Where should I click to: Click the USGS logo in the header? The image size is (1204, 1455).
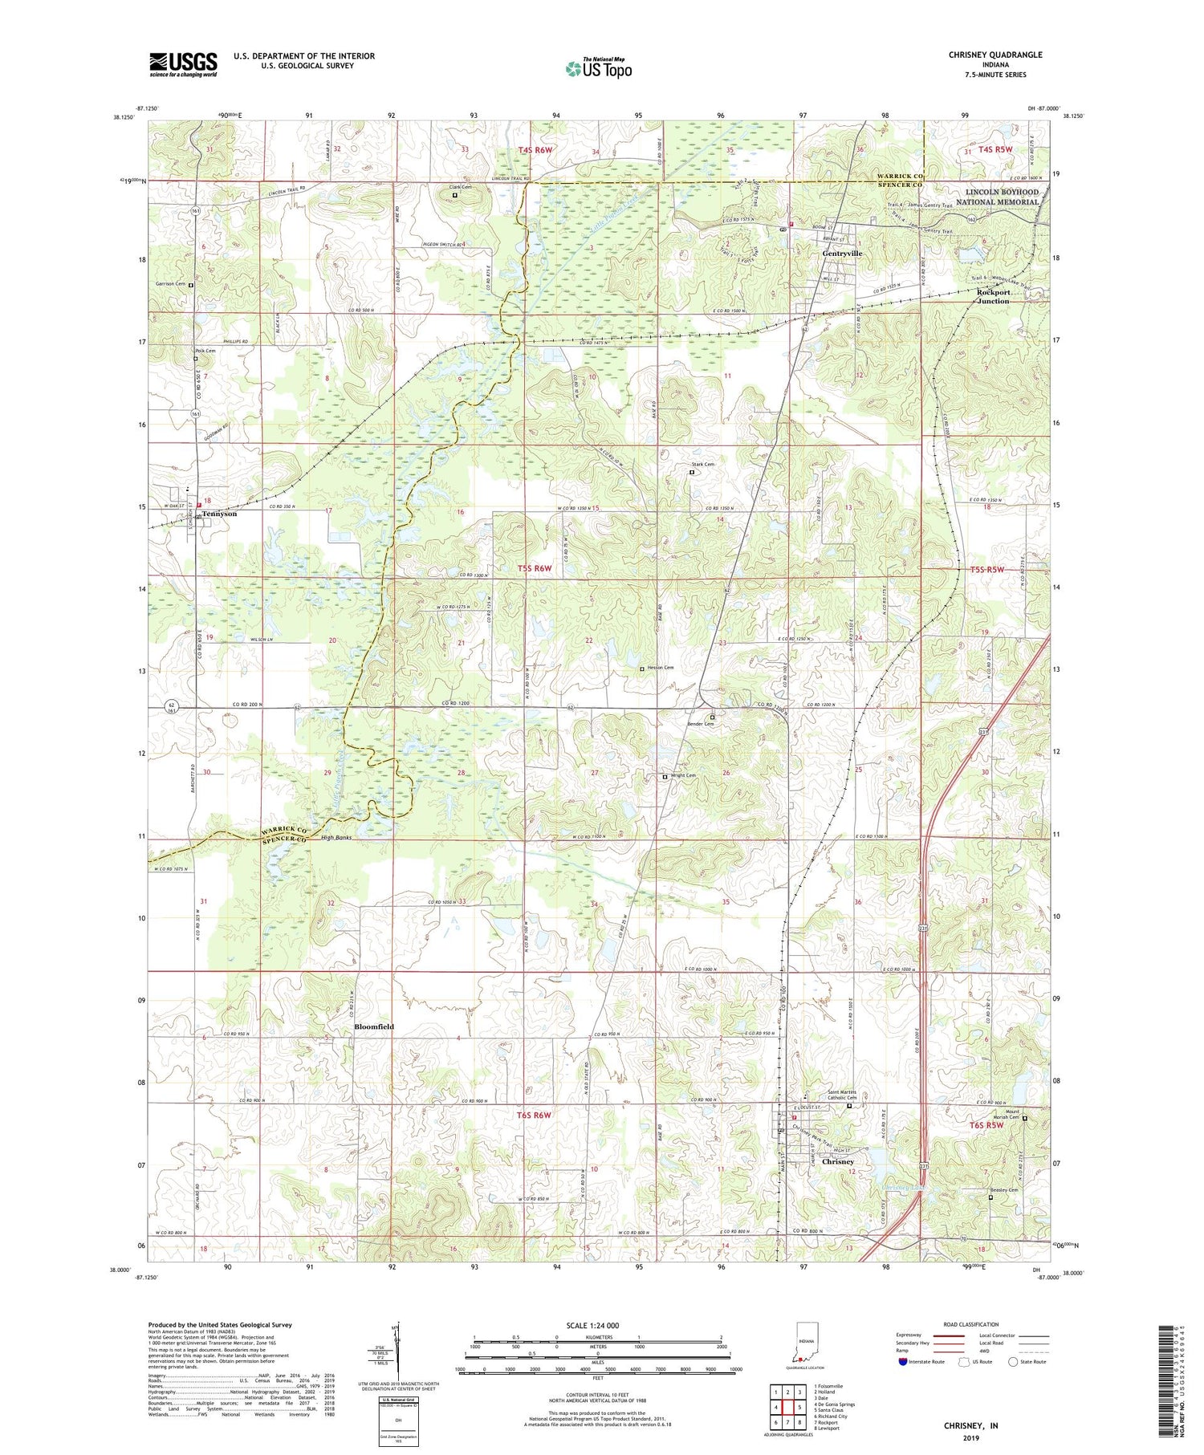pyautogui.click(x=183, y=64)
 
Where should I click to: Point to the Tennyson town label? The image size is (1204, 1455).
pyautogui.click(x=219, y=514)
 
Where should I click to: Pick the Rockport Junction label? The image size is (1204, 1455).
pyautogui.click(x=993, y=296)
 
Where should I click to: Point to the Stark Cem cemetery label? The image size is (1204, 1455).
pyautogui.click(x=702, y=465)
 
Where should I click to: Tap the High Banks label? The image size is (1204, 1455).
pyautogui.click(x=336, y=837)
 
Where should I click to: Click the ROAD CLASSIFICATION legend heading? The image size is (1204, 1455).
pyautogui.click(x=971, y=1325)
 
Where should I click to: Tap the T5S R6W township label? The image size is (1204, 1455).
pyautogui.click(x=535, y=569)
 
